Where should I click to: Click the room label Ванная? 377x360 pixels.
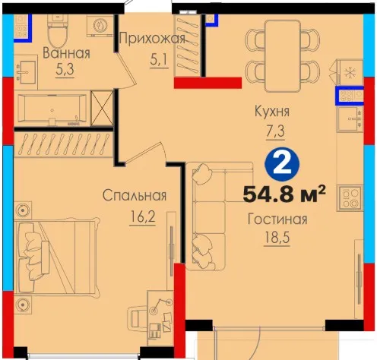pos(66,53)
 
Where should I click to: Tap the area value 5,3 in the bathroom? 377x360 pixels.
pos(65,69)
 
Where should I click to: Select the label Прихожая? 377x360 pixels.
pos(152,39)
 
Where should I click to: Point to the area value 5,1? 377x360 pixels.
pos(159,61)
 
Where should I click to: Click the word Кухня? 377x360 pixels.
pos(271,112)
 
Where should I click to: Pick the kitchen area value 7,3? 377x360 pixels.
pos(275,131)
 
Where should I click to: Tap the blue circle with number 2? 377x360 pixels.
pos(282,164)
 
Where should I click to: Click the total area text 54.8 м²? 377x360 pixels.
pos(284,194)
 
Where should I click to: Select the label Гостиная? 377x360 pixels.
pos(277,219)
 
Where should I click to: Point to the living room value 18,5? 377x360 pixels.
pos(277,238)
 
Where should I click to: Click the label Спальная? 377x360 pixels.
pos(135,196)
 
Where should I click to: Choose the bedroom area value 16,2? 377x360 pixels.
pos(142,216)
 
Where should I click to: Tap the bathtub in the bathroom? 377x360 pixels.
pos(52,109)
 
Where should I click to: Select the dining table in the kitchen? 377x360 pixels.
pos(283,56)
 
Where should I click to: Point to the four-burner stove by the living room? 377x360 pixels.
pos(350,198)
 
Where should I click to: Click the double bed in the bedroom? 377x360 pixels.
pos(57,257)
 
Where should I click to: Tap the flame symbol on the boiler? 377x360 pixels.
pos(100,25)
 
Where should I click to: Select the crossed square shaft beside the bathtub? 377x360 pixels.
pos(102,108)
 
